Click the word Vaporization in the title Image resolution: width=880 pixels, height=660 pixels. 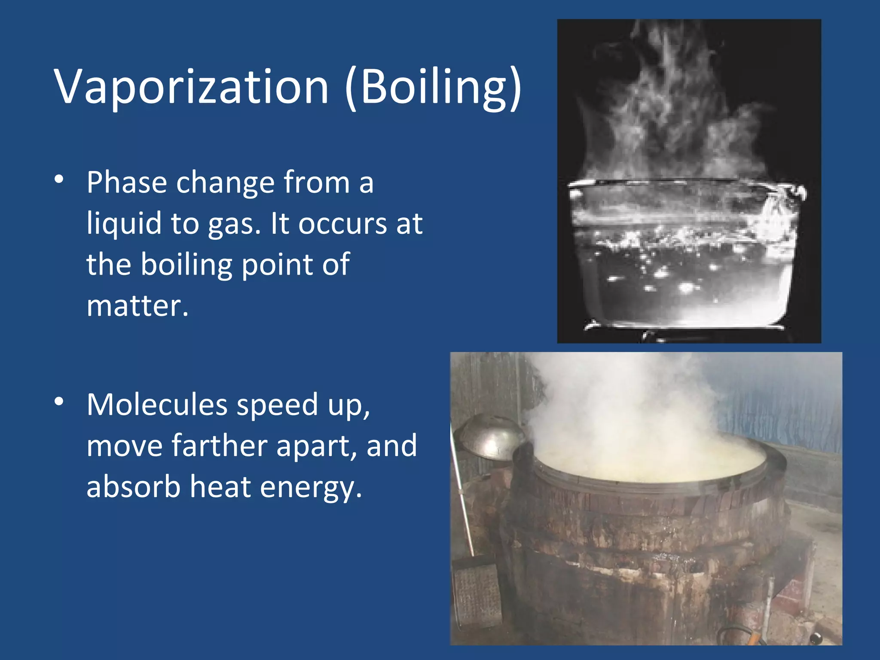[x=192, y=87]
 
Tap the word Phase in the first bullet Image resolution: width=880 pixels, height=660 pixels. [x=126, y=182]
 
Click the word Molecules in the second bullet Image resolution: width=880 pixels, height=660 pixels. [x=157, y=405]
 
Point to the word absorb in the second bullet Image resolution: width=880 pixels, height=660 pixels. [x=133, y=486]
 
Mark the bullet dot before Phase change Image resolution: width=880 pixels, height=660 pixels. [x=59, y=180]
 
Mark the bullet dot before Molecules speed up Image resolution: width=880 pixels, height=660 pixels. [x=59, y=402]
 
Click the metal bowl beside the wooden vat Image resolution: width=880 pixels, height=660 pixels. [x=488, y=436]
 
